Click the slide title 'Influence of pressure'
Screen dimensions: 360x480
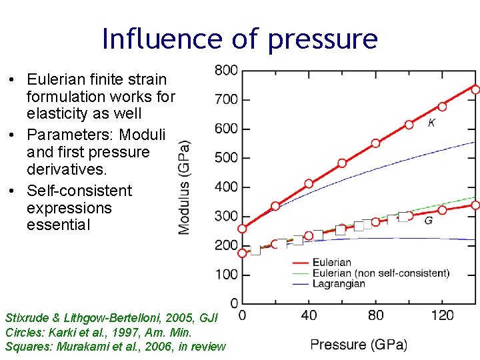[x=239, y=39]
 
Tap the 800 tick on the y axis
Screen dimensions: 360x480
[x=226, y=70]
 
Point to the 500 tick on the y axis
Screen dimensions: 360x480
[x=226, y=158]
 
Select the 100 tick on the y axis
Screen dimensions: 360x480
[x=226, y=275]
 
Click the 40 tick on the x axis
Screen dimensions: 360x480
[x=309, y=315]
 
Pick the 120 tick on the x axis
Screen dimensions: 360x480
[x=443, y=315]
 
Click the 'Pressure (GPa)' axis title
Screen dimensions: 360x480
[x=359, y=345]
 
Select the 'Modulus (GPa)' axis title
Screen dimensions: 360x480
[x=183, y=187]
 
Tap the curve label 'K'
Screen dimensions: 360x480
[x=432, y=123]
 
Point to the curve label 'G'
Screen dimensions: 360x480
[x=428, y=220]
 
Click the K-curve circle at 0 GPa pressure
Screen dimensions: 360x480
[x=242, y=229]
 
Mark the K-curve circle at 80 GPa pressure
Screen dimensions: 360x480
[x=376, y=143]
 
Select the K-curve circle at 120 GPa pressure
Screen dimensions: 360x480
[x=443, y=107]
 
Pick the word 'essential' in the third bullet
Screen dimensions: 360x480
[x=58, y=225]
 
